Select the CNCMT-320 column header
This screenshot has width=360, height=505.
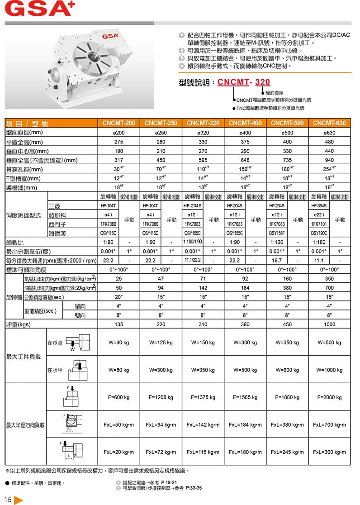pyautogui.click(x=203, y=123)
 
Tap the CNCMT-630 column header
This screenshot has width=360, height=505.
pyautogui.click(x=329, y=123)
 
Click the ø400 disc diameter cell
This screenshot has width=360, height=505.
pyautogui.click(x=245, y=133)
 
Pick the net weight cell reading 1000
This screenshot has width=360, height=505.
pyautogui.click(x=329, y=324)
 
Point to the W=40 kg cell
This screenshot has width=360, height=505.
pyautogui.click(x=119, y=343)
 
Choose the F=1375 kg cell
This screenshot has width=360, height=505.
pyautogui.click(x=203, y=397)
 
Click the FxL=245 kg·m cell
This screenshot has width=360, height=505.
pyautogui.click(x=287, y=452)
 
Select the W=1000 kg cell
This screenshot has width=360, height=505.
pyautogui.click(x=329, y=370)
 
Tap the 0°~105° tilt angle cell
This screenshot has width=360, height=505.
pyautogui.click(x=119, y=270)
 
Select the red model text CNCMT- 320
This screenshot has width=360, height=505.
pyautogui.click(x=250, y=82)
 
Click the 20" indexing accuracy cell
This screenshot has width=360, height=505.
pyautogui.click(x=119, y=297)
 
